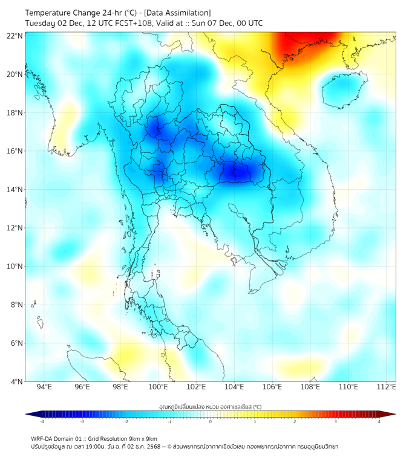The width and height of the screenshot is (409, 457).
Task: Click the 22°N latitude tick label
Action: (16, 36)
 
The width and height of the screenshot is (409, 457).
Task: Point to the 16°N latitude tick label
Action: (16, 151)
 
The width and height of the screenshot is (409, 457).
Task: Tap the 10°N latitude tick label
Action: (16, 267)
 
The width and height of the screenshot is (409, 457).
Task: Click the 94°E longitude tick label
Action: (44, 387)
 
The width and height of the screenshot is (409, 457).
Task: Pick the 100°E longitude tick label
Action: (159, 387)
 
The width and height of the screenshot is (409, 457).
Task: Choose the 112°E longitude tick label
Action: (386, 387)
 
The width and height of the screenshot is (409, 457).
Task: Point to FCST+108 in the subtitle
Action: (123, 24)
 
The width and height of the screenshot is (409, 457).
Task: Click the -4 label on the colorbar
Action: (42, 422)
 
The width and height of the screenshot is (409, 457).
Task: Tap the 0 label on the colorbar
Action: (211, 422)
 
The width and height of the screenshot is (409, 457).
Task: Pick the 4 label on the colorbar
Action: (379, 422)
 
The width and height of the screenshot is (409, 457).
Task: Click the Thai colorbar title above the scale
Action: (210, 406)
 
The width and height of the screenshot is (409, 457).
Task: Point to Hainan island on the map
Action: (342, 91)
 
